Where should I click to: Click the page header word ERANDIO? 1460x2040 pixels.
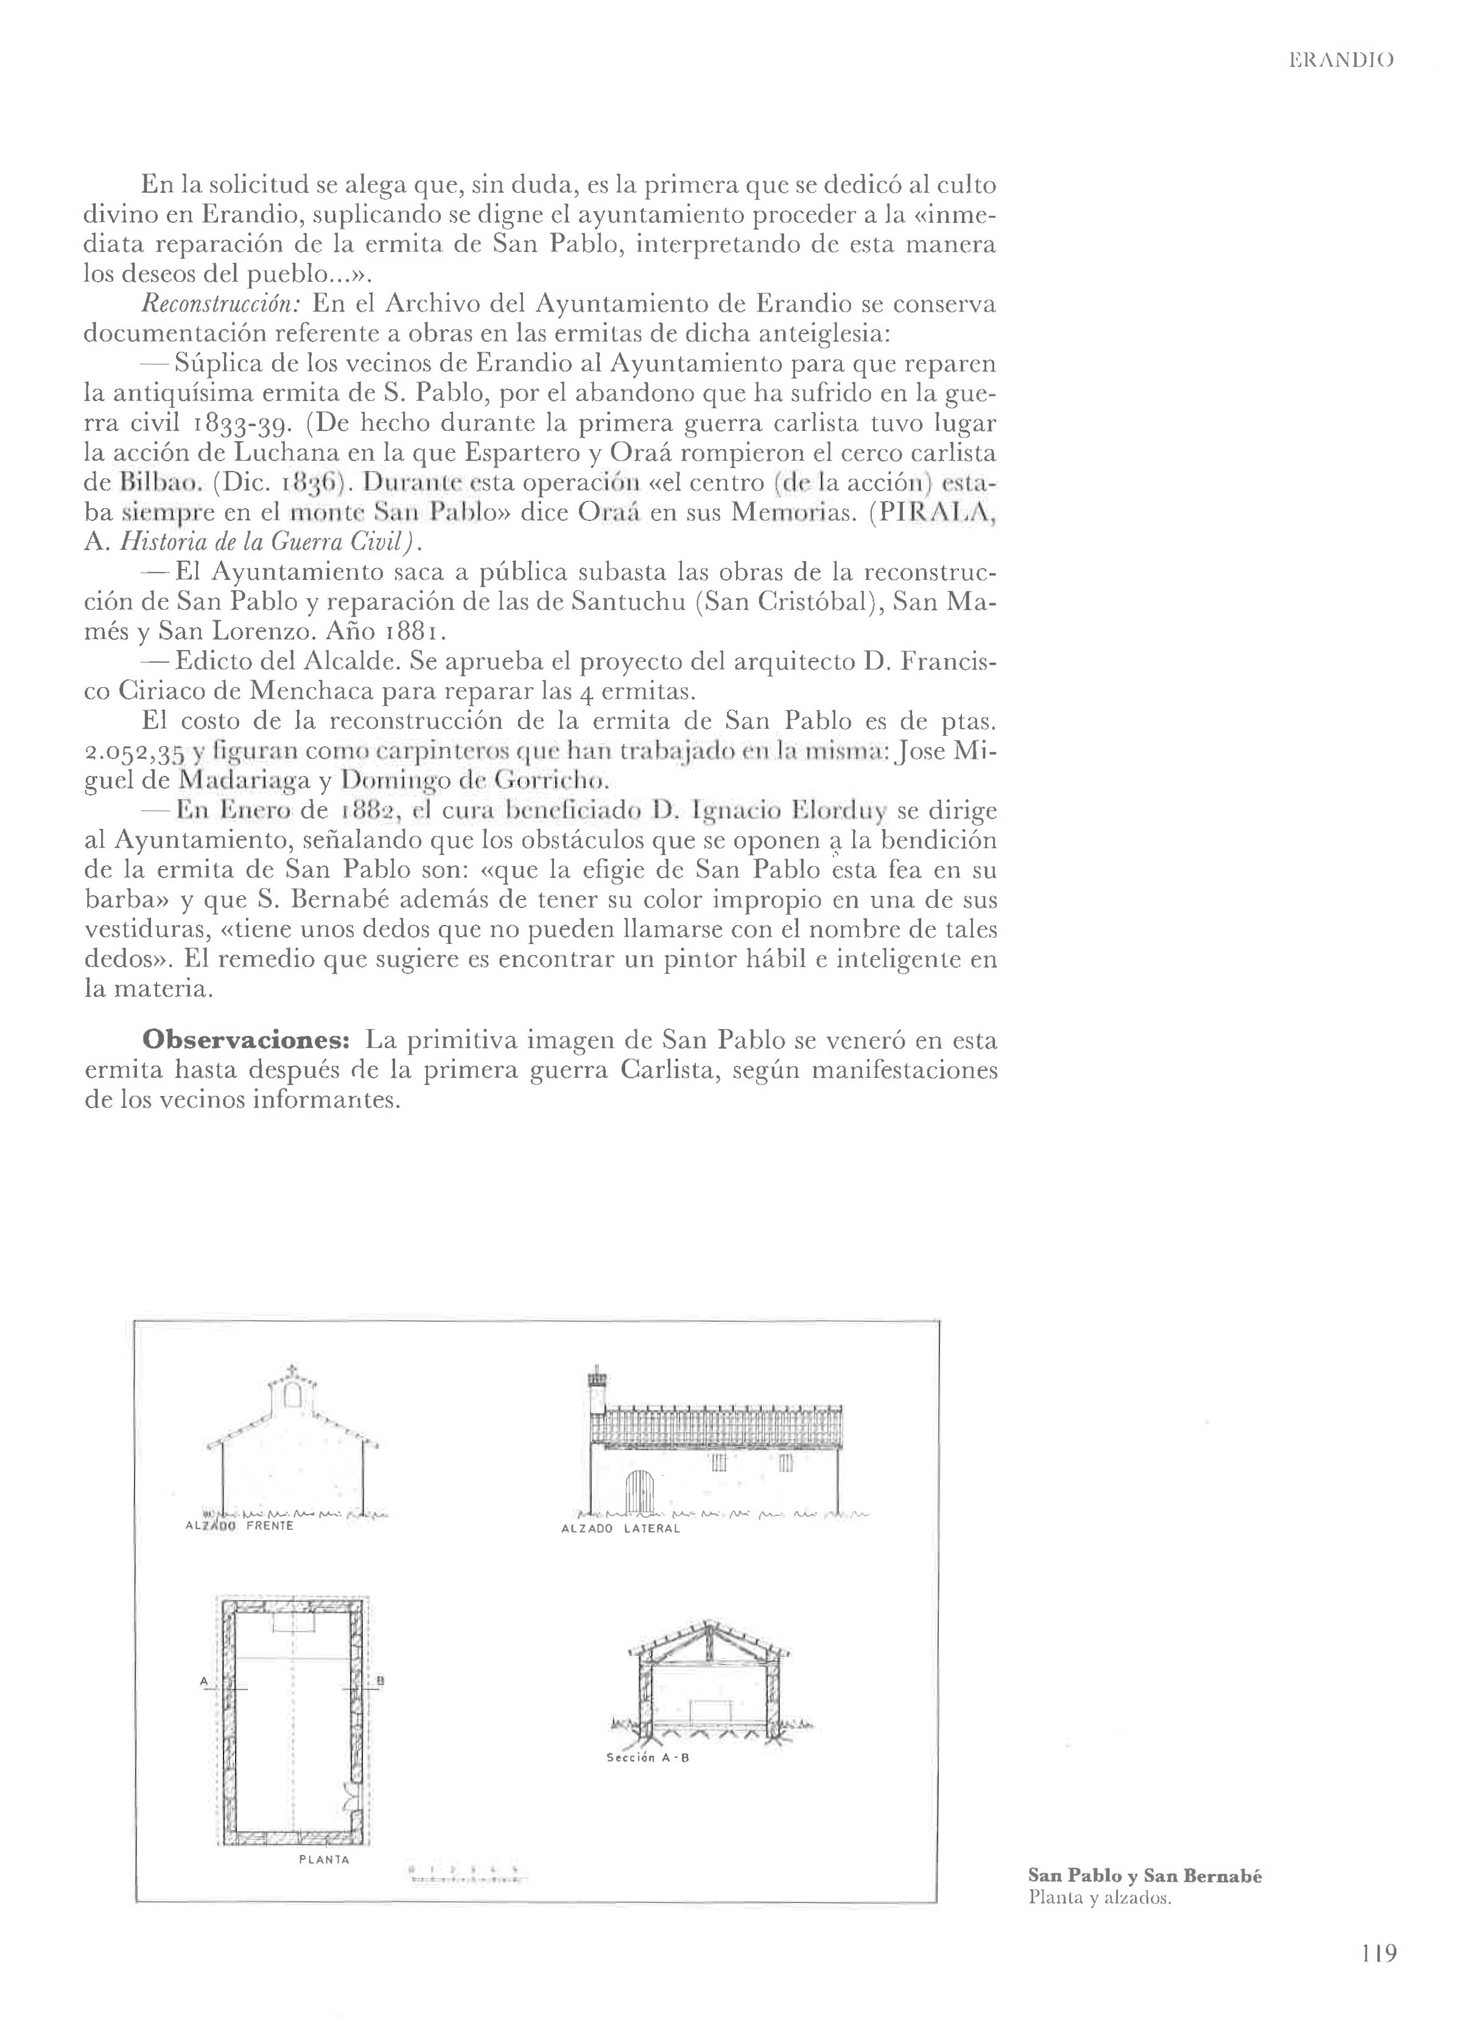click(x=1341, y=61)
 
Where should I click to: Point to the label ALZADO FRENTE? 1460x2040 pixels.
click(x=239, y=1526)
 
